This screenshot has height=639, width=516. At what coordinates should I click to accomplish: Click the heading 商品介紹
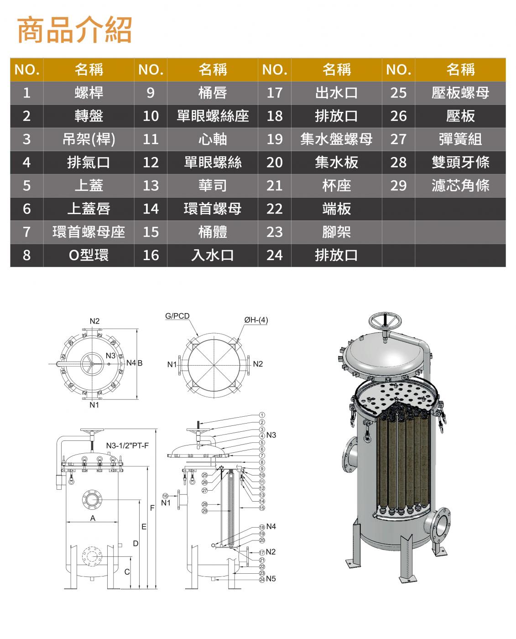tap(74, 30)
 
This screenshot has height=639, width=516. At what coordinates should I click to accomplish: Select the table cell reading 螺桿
tap(89, 93)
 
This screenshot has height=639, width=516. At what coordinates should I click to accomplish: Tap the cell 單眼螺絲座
tap(213, 116)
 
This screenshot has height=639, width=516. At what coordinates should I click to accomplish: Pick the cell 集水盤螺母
tap(336, 139)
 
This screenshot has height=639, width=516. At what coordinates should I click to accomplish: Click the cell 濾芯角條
tap(460, 185)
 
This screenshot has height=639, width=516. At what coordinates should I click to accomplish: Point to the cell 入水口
tap(213, 255)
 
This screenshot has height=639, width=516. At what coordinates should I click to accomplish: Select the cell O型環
tap(89, 255)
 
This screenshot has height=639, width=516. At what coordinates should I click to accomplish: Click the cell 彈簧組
tap(460, 139)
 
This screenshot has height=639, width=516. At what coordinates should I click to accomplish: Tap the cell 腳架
tap(336, 232)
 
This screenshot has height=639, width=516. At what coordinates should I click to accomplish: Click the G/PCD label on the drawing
tap(177, 316)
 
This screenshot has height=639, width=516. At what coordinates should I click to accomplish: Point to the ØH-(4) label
tap(256, 320)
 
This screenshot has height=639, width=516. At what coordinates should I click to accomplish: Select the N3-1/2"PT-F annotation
tap(127, 445)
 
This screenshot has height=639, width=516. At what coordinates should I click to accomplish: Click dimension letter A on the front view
tap(93, 518)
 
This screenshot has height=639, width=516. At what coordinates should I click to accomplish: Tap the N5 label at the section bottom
tap(271, 579)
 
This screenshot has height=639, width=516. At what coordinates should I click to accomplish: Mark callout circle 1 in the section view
tap(262, 415)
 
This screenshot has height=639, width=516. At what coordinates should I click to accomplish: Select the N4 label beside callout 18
tap(271, 527)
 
